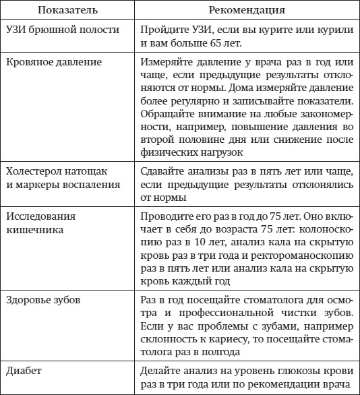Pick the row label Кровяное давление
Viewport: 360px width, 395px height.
pyautogui.click(x=54, y=63)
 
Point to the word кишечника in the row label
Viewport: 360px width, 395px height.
pyautogui.click(x=35, y=230)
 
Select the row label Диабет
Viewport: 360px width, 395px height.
pyautogui.click(x=25, y=371)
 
